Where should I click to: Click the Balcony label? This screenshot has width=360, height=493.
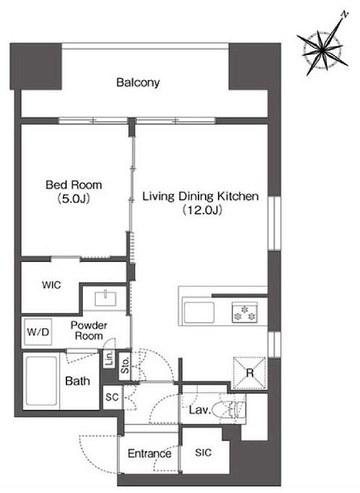(138, 82)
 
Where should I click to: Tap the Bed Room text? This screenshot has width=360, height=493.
(74, 185)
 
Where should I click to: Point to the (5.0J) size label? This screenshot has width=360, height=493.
(74, 198)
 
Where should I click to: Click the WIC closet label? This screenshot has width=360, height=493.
(51, 285)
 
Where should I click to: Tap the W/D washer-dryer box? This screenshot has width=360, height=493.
(38, 332)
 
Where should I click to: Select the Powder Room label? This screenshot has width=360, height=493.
(89, 330)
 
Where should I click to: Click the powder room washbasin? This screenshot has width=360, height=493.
(105, 298)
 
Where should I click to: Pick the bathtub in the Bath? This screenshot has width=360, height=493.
(42, 381)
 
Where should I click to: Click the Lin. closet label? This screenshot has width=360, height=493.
(110, 359)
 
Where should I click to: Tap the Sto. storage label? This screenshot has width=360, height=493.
(125, 365)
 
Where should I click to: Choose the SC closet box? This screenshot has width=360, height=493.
(113, 398)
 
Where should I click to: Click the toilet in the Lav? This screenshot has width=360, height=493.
(229, 409)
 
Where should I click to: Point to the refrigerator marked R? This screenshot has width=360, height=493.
(250, 373)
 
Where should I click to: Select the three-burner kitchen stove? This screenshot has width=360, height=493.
(245, 313)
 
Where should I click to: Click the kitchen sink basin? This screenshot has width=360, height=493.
(199, 313)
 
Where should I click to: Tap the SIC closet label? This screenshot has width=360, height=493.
(203, 453)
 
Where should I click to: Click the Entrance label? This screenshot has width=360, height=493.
(149, 453)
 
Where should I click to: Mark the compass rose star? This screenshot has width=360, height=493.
(323, 51)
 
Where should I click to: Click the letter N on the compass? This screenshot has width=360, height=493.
(346, 14)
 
